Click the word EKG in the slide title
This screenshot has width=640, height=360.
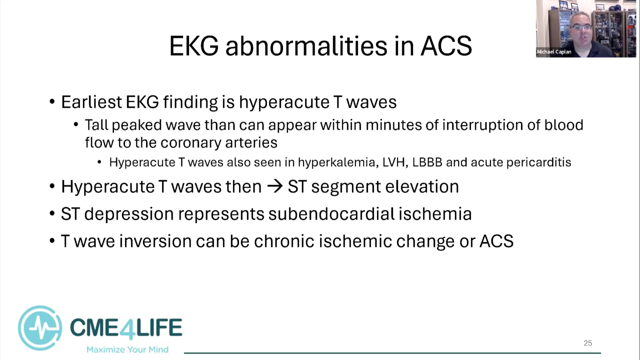(194, 46)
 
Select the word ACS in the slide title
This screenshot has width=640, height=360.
(446, 46)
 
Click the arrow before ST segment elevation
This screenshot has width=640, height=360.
(274, 186)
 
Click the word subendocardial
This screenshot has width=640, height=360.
(331, 213)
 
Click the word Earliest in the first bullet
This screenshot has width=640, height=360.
(91, 101)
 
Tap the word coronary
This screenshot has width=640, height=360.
(190, 142)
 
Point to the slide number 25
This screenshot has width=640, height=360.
(587, 343)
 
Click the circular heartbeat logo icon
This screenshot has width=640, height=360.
(39, 328)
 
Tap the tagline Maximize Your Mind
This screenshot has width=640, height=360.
(127, 349)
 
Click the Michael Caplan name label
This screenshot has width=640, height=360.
(554, 51)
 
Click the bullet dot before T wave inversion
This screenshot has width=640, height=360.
(52, 241)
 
